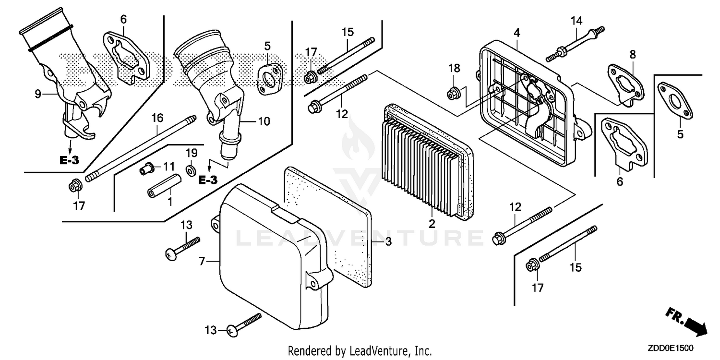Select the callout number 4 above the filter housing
[x=516, y=33]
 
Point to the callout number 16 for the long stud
[x=157, y=118]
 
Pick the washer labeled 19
[x=191, y=170]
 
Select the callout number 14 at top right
[x=576, y=21]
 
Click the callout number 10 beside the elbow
[x=264, y=121]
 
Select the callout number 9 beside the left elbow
[x=38, y=95]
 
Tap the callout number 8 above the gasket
[x=633, y=54]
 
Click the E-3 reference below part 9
[x=69, y=160]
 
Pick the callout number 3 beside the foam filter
[x=388, y=242]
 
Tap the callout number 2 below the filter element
[x=432, y=224]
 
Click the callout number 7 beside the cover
[x=202, y=262]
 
